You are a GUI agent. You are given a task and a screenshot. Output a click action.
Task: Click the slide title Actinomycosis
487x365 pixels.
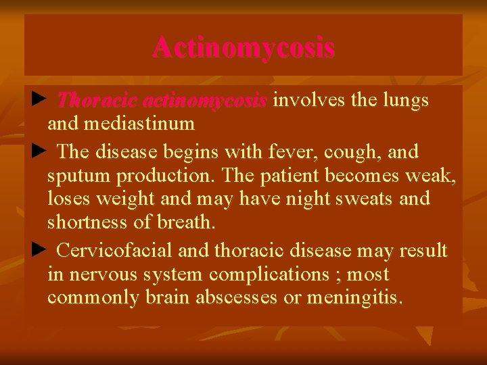(x=243, y=47)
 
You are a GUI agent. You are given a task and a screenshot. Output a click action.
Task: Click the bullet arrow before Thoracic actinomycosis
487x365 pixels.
(x=38, y=101)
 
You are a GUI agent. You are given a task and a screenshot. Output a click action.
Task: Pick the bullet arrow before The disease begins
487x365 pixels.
(x=38, y=151)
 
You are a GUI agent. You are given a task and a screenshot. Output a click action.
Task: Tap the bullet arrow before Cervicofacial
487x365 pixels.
(x=38, y=251)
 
